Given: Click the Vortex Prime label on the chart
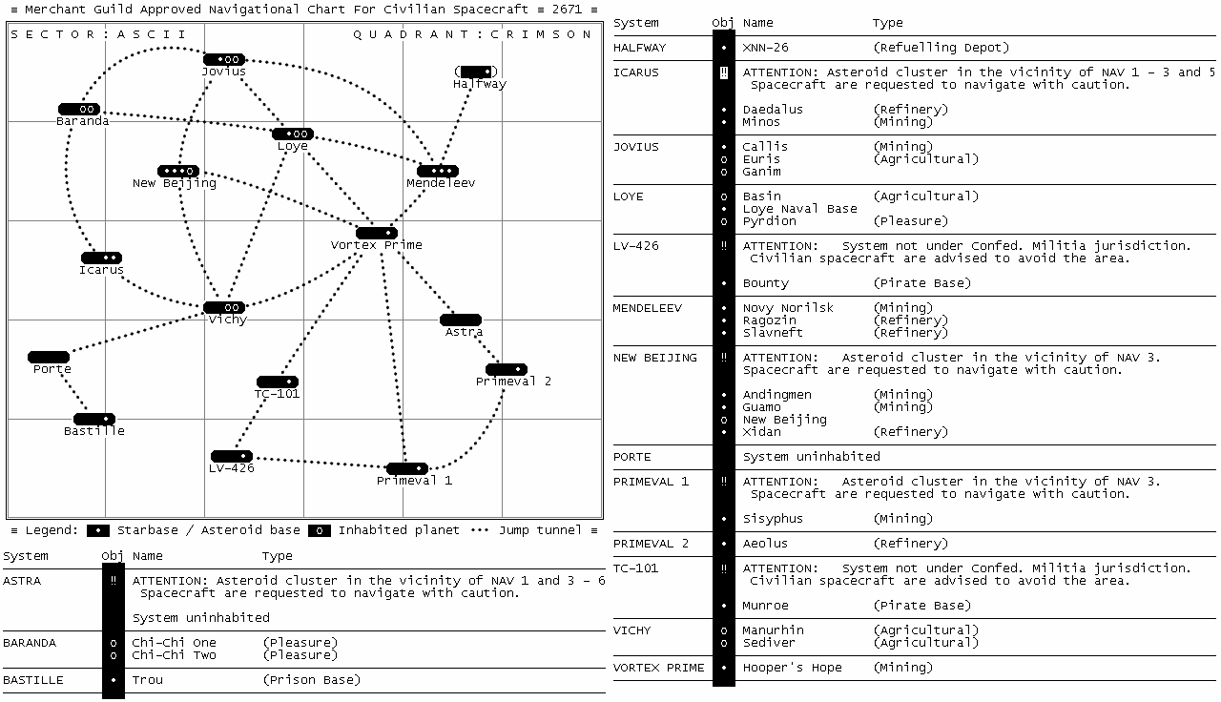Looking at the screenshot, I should [x=376, y=245].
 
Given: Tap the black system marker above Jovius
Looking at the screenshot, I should [x=224, y=59].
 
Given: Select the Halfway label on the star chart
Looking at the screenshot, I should [x=480, y=84].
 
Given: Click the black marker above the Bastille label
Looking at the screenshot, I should [x=94, y=419].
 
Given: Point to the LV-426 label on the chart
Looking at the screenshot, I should [x=232, y=468].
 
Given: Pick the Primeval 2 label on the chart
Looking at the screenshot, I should [x=513, y=382].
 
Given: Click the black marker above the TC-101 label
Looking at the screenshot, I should [x=278, y=382].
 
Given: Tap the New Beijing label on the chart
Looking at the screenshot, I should [x=175, y=183].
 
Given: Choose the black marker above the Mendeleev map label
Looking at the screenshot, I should [x=438, y=171].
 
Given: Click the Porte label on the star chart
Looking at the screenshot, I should [x=52, y=369].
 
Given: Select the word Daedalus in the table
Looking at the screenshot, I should [x=773, y=110].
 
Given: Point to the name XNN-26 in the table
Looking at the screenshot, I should [x=766, y=48].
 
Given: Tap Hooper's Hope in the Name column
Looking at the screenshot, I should [x=792, y=668].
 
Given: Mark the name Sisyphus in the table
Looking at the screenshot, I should [x=773, y=519].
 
